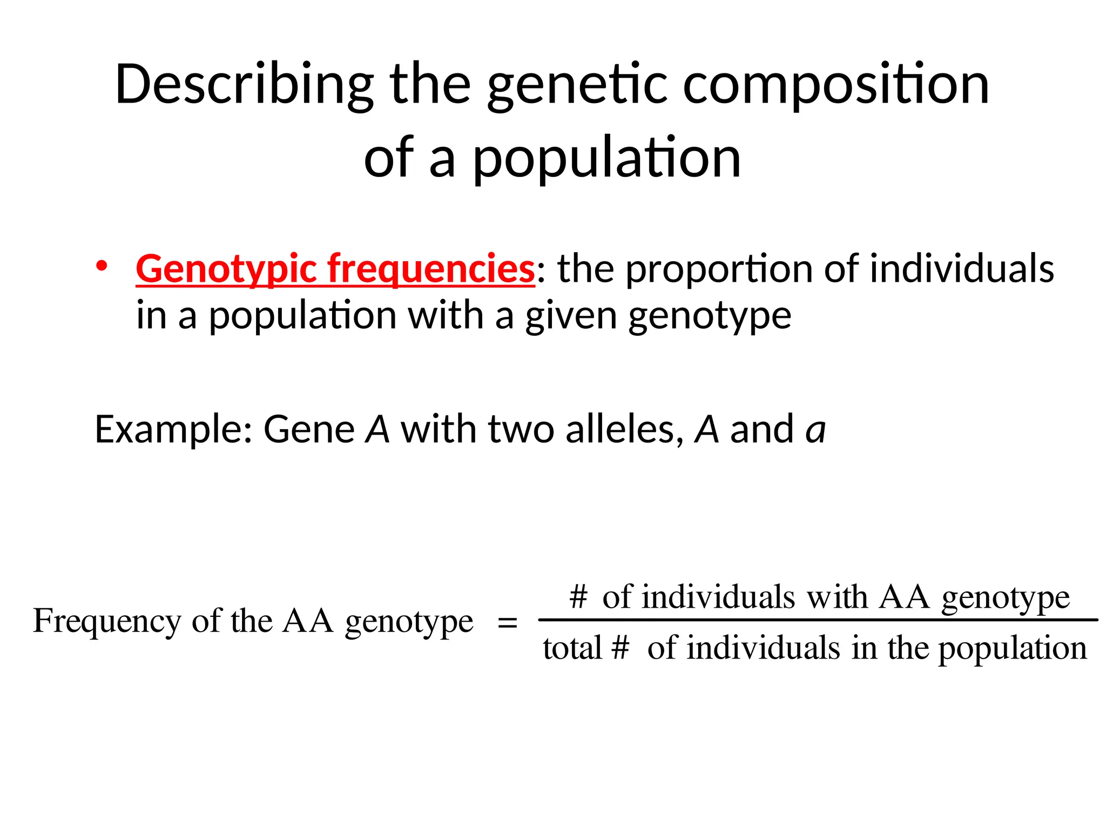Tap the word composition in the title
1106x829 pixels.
pos(836,85)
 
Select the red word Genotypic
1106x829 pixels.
pos(226,269)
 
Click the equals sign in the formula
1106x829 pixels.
pos(507,623)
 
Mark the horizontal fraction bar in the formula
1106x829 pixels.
pos(818,620)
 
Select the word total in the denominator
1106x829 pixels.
pos(572,648)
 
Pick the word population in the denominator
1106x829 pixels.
pos(1012,649)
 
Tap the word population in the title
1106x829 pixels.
pos(606,158)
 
